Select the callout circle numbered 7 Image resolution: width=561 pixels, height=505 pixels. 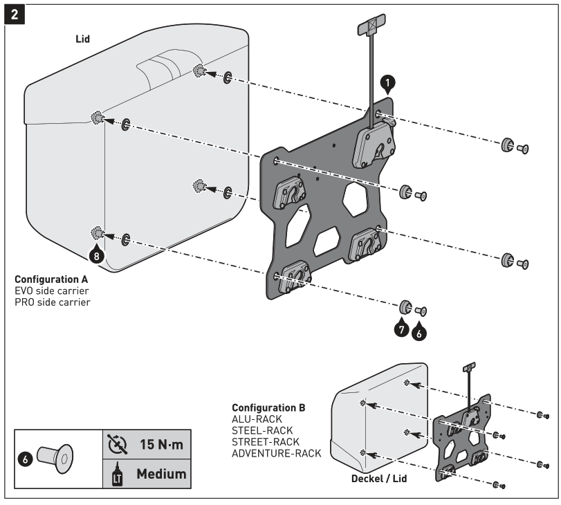[x=401, y=328]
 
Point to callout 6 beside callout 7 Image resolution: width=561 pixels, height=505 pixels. [x=419, y=332]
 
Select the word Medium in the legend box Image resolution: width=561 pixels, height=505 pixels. [x=160, y=474]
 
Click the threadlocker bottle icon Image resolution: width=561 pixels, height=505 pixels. [x=116, y=475]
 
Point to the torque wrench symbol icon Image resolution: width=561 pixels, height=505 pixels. [x=116, y=441]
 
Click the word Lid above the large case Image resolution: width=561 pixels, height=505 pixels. [x=82, y=39]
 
